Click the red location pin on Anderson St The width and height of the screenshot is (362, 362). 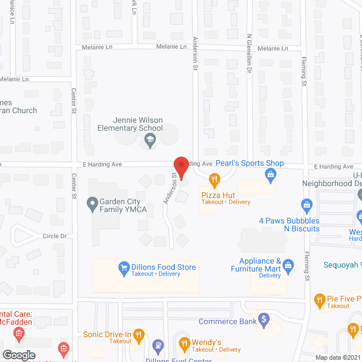coord(180,166)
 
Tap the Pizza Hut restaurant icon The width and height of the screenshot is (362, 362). coord(214,180)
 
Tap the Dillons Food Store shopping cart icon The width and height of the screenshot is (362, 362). coord(122,267)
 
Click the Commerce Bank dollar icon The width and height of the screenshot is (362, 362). coord(262,320)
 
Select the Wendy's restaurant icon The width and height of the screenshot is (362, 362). coord(184,342)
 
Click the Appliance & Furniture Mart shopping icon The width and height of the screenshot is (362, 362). coord(288,265)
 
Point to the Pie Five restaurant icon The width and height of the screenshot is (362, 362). coord(320,299)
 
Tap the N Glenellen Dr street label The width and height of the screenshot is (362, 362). coord(249,54)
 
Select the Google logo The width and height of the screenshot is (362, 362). coord(19,355)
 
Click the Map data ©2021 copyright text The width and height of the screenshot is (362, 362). coord(337,357)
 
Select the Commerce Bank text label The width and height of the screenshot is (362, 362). coord(226,321)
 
